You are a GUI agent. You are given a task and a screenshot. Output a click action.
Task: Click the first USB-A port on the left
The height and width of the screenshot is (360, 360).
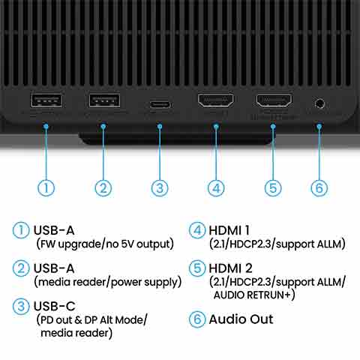(x=46, y=100)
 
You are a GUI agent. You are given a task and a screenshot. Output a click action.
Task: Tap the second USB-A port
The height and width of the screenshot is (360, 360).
(x=104, y=100)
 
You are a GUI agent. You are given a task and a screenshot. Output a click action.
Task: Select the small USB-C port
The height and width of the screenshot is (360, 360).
(x=160, y=104)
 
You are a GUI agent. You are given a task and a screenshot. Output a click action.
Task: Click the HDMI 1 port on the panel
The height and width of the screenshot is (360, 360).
(x=216, y=100)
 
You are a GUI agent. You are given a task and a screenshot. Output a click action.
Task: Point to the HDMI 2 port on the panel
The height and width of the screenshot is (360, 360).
(x=274, y=100)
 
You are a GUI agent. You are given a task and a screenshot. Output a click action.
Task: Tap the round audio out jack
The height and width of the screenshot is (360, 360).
(x=319, y=103)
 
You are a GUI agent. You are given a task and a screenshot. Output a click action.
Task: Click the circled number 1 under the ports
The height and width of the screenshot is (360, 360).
(x=46, y=188)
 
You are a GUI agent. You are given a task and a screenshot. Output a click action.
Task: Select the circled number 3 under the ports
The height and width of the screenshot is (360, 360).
(x=160, y=188)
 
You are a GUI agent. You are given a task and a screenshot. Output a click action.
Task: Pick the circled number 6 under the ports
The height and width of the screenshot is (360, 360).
(x=319, y=188)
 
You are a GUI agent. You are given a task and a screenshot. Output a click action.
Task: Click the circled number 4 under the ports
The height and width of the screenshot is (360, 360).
(x=216, y=188)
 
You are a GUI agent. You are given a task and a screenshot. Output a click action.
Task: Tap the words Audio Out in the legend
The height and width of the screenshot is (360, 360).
(x=241, y=319)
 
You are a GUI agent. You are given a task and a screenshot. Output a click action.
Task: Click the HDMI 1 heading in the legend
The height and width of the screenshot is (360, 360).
(x=229, y=230)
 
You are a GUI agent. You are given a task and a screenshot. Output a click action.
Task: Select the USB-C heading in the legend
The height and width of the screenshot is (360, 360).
(x=54, y=306)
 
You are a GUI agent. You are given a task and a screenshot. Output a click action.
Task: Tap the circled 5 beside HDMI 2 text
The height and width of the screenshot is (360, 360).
(x=197, y=268)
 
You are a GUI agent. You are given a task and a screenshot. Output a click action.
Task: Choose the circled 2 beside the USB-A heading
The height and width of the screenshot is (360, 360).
(x=21, y=268)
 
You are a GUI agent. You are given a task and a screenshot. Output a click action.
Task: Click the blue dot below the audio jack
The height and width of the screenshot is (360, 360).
(x=319, y=127)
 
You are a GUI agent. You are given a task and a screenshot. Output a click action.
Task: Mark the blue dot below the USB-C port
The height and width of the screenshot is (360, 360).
(x=160, y=127)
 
